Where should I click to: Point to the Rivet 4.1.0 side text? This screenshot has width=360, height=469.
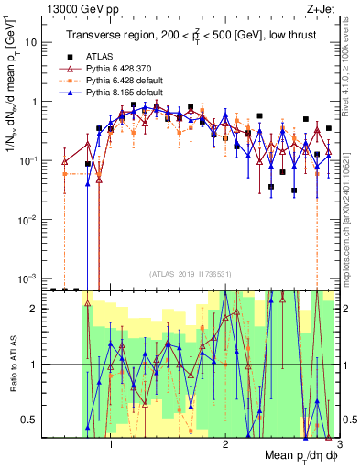tap(352, 55)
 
